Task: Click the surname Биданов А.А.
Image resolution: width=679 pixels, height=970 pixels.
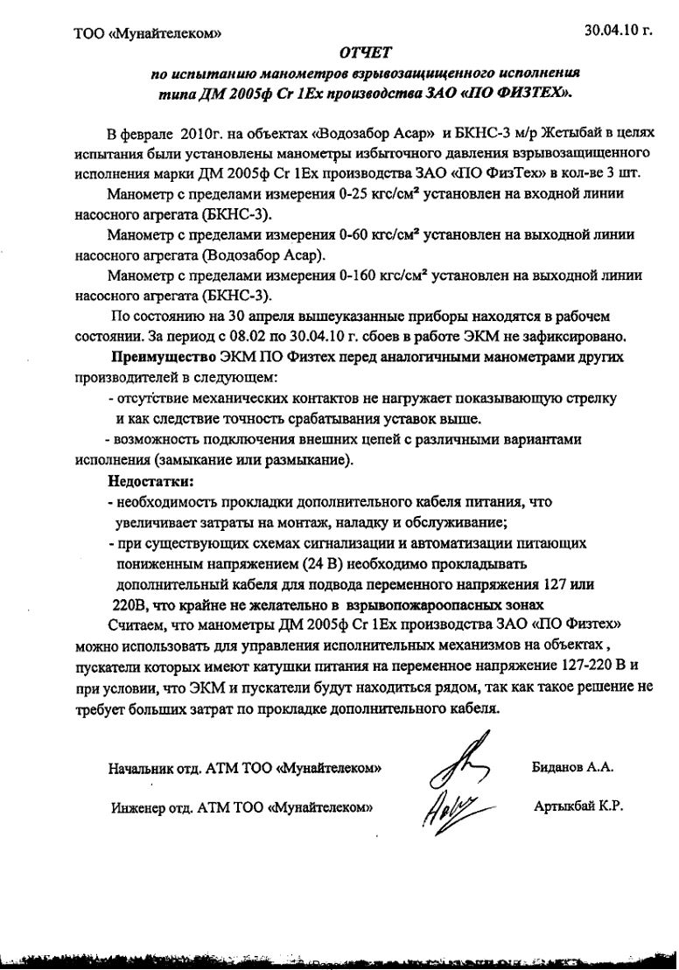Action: tap(573, 766)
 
